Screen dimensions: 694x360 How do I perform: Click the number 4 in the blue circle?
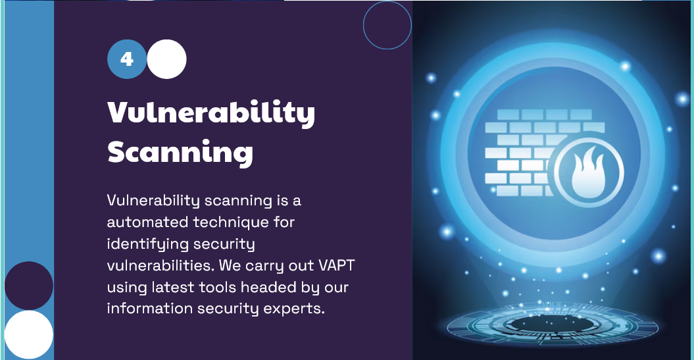click(126, 59)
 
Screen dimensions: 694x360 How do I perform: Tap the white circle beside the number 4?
click(166, 59)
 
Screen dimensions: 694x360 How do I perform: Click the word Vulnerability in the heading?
click(211, 113)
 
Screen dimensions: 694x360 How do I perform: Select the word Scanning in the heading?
click(180, 152)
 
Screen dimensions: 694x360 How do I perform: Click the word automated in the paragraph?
click(148, 222)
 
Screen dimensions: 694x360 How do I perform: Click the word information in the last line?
click(149, 308)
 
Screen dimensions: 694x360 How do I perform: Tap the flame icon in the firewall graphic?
click(588, 172)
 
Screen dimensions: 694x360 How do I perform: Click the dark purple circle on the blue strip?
click(29, 286)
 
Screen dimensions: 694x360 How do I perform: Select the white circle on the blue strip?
click(29, 335)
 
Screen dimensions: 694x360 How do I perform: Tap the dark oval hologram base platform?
click(553, 324)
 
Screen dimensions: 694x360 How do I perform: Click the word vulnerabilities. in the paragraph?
click(161, 266)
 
